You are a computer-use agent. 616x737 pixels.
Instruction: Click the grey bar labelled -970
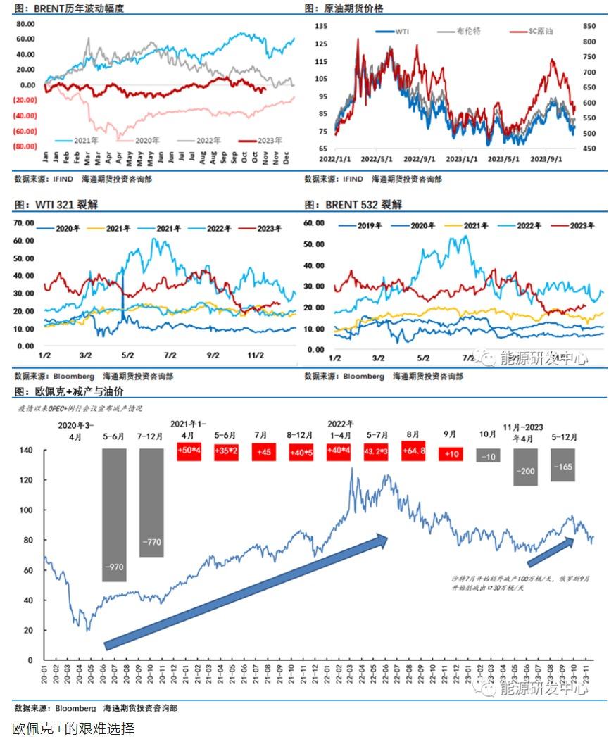tap(114, 515)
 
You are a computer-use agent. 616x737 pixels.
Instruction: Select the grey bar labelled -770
tap(151, 503)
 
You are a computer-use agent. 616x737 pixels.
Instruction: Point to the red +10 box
tap(451, 454)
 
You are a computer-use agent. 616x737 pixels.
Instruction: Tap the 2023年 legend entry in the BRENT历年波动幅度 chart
tap(259, 140)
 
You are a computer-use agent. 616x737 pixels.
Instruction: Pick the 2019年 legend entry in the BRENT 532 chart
tap(360, 226)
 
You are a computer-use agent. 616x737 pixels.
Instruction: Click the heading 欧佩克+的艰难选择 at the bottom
tap(73, 727)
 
